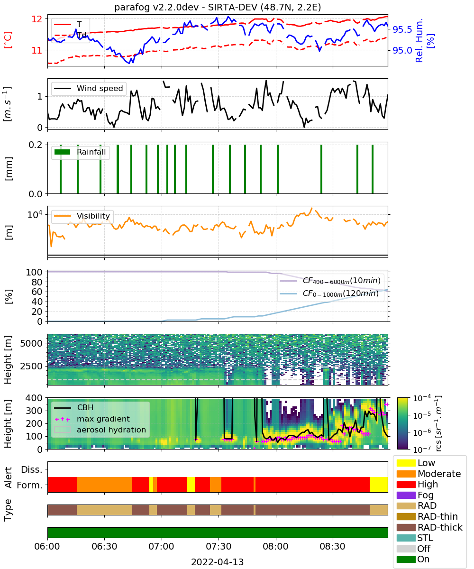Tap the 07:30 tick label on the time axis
click(219, 546)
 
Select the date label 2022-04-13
click(218, 562)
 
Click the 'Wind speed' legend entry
click(89, 88)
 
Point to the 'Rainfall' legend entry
click(80, 152)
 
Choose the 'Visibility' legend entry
click(82, 216)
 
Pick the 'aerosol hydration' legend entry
click(100, 430)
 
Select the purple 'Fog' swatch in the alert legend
click(406, 495)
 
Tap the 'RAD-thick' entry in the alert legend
click(429, 527)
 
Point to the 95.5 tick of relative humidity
click(402, 29)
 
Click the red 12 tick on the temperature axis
click(37, 19)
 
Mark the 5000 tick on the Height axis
click(31, 343)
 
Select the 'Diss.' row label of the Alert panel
click(32, 469)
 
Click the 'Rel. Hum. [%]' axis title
click(424, 40)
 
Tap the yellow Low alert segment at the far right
click(379, 485)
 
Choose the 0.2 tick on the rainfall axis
click(36, 145)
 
